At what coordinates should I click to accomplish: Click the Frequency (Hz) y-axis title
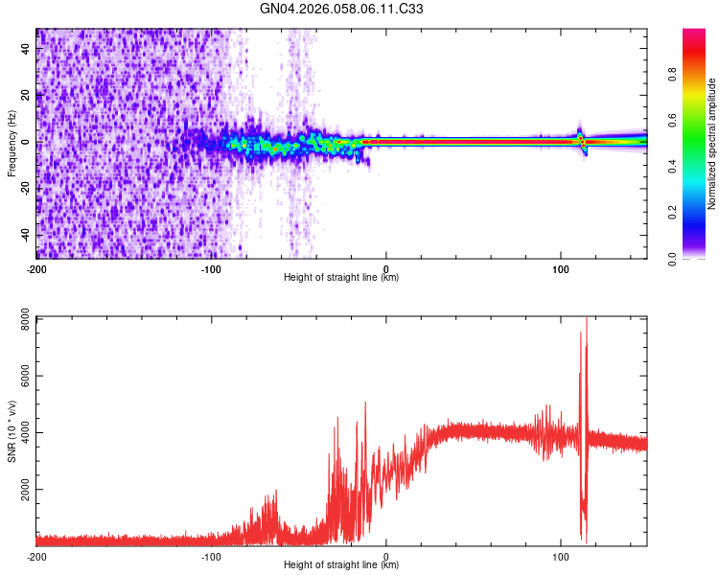pos(12,144)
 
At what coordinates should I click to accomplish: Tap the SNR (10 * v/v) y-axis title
pos(12,431)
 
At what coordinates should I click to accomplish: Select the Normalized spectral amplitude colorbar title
pos(712,144)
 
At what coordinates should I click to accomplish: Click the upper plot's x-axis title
pos(341,278)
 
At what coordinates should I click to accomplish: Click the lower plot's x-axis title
pos(341,565)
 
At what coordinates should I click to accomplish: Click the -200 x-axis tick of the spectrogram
pos(36,266)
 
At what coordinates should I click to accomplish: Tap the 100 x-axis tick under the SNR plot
pos(561,556)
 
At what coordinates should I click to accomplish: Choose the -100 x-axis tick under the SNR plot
pos(211,556)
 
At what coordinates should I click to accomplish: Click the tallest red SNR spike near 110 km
pos(586,321)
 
